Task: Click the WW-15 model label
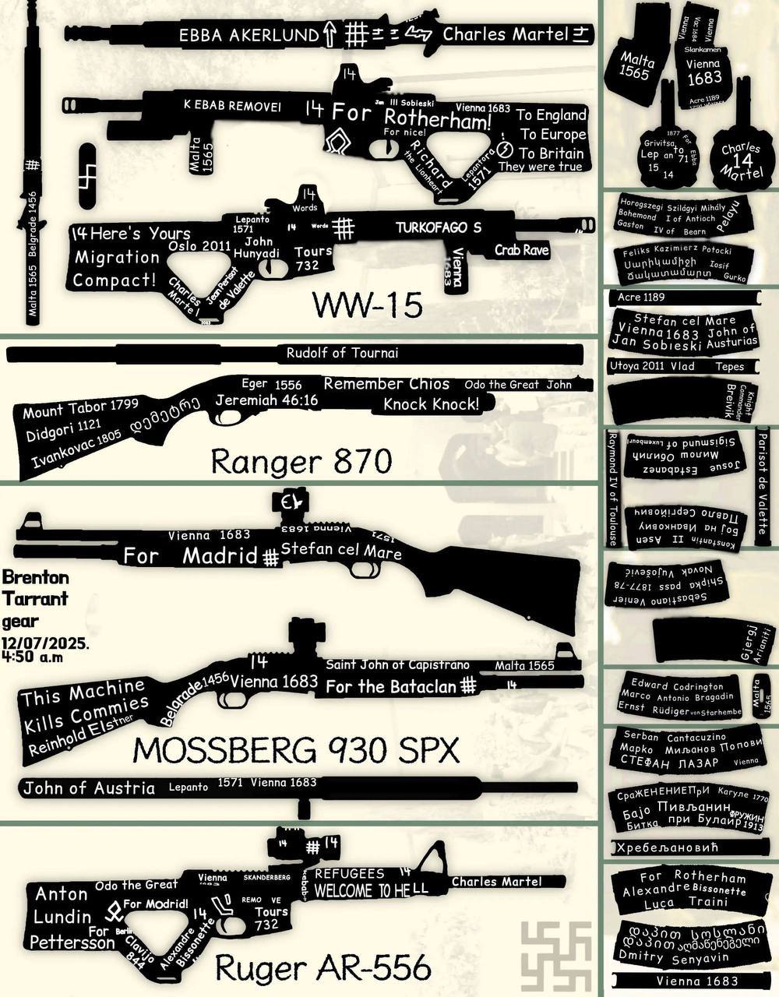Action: [367, 305]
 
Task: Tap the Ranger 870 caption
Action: [301, 462]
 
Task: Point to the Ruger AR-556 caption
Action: [322, 968]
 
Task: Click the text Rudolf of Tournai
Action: [342, 353]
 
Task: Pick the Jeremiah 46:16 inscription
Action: [267, 400]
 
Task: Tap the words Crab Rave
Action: [522, 251]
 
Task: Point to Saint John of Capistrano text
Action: [397, 664]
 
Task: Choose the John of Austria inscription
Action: [89, 787]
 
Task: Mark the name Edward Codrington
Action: [677, 686]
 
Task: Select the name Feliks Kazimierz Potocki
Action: [676, 251]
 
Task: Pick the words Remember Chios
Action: [386, 383]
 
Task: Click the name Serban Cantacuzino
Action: [674, 736]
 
